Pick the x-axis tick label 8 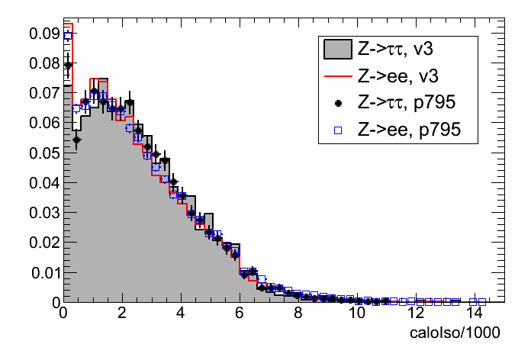tap(298, 314)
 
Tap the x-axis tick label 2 tap(122, 314)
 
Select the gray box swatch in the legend tap(336, 50)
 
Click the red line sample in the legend tap(336, 76)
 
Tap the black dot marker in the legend tap(336, 103)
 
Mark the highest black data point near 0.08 tap(67, 66)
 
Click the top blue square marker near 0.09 tap(67, 35)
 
